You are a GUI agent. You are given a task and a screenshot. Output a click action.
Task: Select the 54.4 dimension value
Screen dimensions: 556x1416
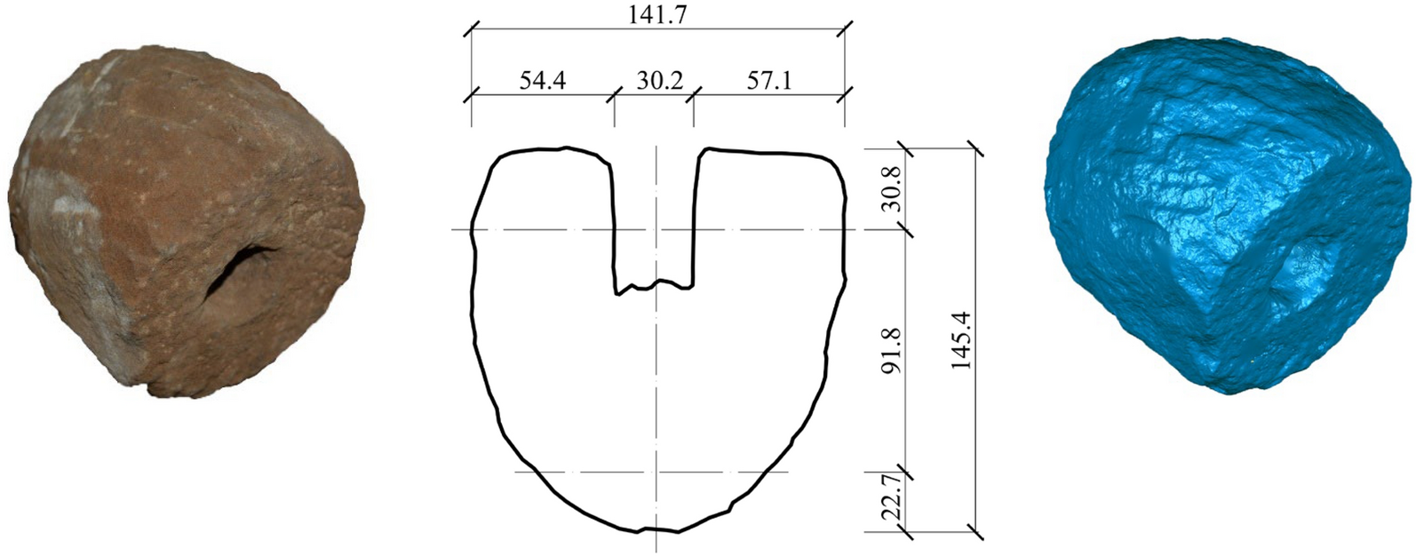pyautogui.click(x=542, y=81)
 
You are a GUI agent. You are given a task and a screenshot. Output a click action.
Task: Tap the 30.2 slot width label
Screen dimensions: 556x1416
pyautogui.click(x=659, y=81)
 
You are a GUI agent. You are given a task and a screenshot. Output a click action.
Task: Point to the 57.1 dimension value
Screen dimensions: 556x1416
pyautogui.click(x=769, y=81)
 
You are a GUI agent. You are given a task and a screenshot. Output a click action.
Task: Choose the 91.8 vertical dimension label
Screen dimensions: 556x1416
pyautogui.click(x=892, y=350)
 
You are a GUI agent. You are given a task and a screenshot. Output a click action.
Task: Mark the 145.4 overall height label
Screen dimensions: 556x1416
pyautogui.click(x=962, y=340)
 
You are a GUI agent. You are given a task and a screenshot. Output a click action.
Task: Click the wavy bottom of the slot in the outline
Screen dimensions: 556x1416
pyautogui.click(x=655, y=286)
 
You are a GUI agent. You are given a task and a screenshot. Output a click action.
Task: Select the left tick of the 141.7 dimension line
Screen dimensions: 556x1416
pyautogui.click(x=471, y=29)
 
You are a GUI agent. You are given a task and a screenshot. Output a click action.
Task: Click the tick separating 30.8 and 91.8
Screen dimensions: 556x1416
pyautogui.click(x=906, y=230)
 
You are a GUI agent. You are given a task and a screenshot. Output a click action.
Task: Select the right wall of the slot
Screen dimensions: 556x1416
pyautogui.click(x=695, y=222)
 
